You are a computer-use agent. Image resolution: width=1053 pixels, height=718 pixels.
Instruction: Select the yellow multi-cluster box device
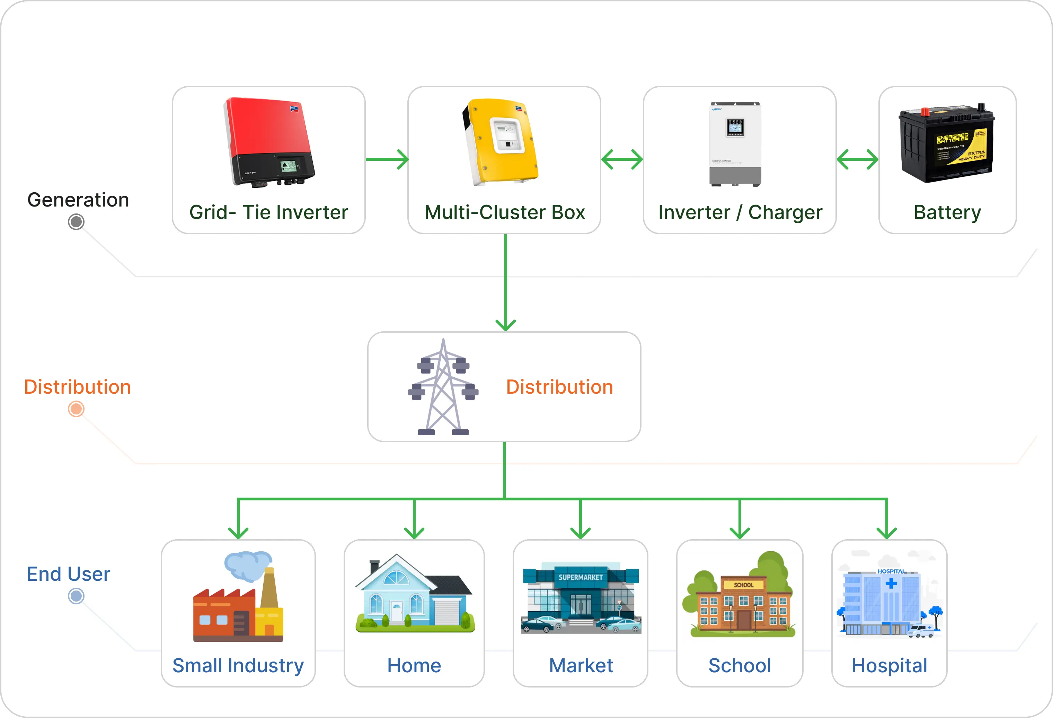pyautogui.click(x=501, y=142)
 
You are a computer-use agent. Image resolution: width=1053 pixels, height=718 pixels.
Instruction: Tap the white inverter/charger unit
pyautogui.click(x=735, y=144)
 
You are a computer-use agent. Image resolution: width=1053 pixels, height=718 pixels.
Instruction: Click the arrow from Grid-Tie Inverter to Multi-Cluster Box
pyautogui.click(x=387, y=159)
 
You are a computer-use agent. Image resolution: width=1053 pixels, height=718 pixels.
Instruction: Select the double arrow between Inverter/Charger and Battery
pyautogui.click(x=857, y=159)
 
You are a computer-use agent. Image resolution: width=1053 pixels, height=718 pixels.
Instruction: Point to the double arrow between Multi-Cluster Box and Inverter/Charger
pyautogui.click(x=622, y=159)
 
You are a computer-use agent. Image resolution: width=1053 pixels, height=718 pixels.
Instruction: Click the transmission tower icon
pyautogui.click(x=443, y=387)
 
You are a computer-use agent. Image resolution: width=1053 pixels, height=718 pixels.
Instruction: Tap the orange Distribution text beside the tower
pyautogui.click(x=559, y=387)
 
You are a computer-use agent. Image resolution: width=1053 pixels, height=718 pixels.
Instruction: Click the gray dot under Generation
pyautogui.click(x=76, y=222)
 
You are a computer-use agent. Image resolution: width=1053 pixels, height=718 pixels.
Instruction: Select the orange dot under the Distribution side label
pyautogui.click(x=76, y=409)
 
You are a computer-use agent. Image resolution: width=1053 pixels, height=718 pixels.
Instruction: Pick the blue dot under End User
pyautogui.click(x=76, y=596)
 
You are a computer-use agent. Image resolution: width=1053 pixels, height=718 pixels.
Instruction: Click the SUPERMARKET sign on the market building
pyautogui.click(x=581, y=577)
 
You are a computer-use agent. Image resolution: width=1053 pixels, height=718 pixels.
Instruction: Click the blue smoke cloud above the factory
pyautogui.click(x=247, y=565)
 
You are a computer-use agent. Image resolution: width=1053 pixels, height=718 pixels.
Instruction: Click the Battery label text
pyautogui.click(x=947, y=212)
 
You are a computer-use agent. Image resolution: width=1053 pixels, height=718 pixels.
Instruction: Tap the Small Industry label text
pyautogui.click(x=238, y=665)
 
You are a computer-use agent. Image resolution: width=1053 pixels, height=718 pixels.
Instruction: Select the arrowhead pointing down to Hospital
pyautogui.click(x=886, y=532)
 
